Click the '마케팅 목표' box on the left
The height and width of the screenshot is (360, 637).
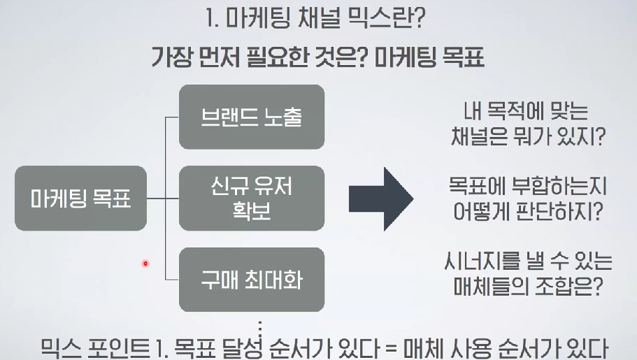pos(80,199)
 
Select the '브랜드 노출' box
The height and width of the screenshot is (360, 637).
pos(251,117)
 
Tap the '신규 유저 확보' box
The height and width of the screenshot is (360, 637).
pos(251,199)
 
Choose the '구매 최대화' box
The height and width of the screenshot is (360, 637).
pos(251,280)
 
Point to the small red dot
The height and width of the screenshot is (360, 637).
pos(145,264)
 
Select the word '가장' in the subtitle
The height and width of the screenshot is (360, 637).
pos(173,57)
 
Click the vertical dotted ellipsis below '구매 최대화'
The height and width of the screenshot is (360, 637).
pos(259,326)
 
